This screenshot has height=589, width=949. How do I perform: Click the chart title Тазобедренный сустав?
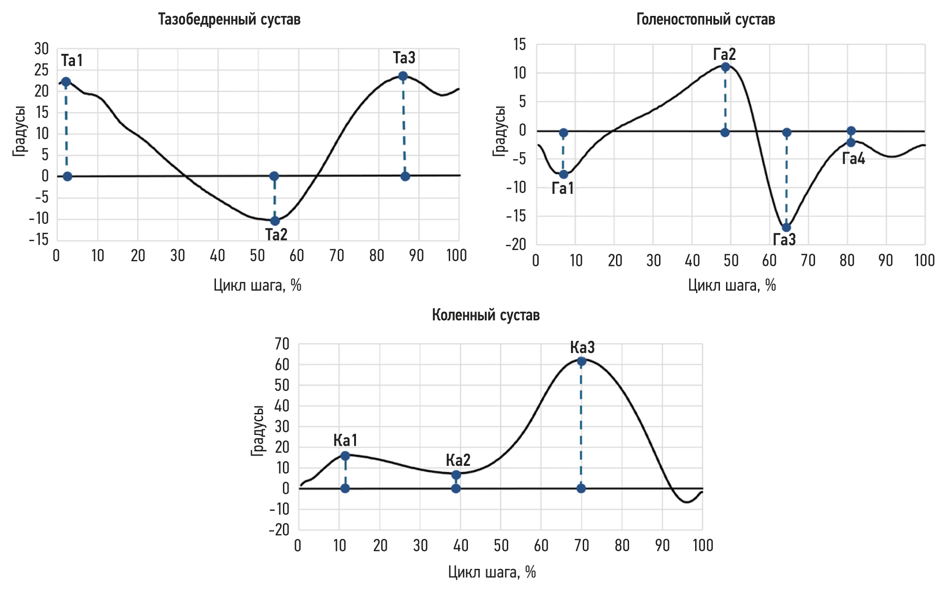tap(229, 20)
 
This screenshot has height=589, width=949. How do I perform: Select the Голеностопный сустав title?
tap(705, 20)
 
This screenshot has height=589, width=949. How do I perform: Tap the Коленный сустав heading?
tap(486, 315)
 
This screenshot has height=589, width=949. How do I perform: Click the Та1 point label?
tap(72, 60)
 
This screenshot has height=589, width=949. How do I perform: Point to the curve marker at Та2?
tap(275, 221)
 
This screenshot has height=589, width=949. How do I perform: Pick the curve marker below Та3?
tap(403, 76)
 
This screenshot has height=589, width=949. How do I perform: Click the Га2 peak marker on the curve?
tap(726, 67)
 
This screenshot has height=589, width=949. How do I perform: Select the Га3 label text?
tap(784, 240)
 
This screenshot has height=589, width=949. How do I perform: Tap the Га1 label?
tap(563, 188)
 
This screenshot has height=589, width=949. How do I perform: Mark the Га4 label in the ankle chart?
tap(853, 159)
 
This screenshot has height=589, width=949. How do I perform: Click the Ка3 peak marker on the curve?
tap(581, 361)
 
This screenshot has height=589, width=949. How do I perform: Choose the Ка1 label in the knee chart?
tap(345, 440)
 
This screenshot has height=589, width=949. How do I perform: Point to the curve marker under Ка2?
tap(456, 475)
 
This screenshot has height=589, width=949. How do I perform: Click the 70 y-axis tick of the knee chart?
tap(282, 344)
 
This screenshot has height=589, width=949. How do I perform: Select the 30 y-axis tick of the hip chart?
tap(41, 49)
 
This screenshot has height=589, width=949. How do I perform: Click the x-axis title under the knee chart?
tap(492, 572)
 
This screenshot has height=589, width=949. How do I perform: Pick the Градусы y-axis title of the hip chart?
tap(19, 131)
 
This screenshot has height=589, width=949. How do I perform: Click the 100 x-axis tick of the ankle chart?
tap(924, 260)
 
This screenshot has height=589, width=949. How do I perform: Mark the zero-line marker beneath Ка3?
tap(581, 488)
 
